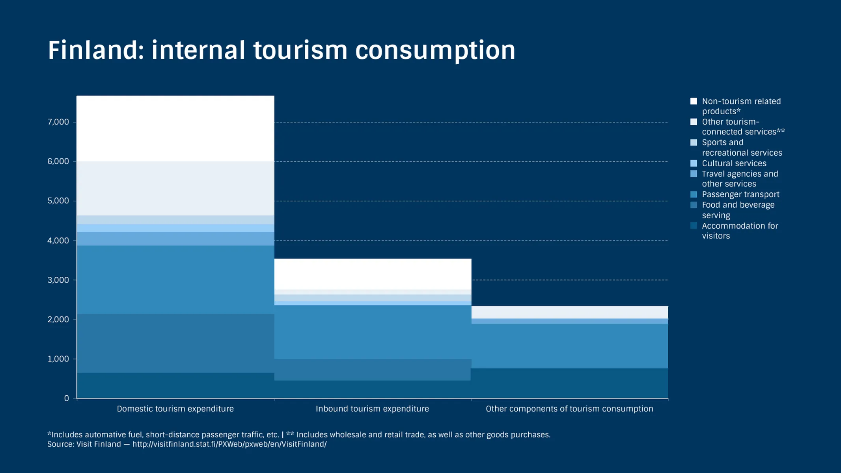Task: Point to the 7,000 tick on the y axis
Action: [x=58, y=122]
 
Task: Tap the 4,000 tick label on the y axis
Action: [x=58, y=240]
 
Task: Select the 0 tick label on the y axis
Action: [x=66, y=399]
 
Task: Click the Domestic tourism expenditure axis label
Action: [x=175, y=409]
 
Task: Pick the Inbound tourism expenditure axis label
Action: [x=372, y=409]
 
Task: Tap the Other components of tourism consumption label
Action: [x=569, y=409]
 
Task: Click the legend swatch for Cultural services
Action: [x=694, y=163]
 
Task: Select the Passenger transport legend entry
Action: [x=740, y=194]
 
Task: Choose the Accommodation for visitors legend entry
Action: [x=739, y=231]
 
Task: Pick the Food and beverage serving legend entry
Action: [x=738, y=210]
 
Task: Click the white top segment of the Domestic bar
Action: [x=175, y=128]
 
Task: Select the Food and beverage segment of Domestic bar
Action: [x=175, y=343]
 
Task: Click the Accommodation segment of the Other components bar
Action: [x=569, y=383]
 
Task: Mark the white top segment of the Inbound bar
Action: [x=372, y=274]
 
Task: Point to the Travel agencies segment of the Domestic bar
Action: [x=175, y=239]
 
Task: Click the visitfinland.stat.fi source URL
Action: [x=229, y=444]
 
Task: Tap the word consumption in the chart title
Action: [x=435, y=50]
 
